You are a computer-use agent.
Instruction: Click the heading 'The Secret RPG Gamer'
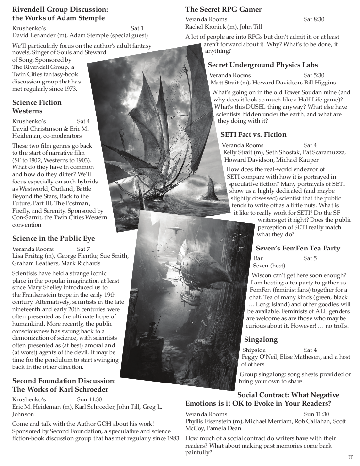click(x=223, y=9)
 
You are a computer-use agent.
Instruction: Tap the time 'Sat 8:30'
click(x=314, y=19)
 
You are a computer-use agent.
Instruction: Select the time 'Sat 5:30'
click(x=314, y=75)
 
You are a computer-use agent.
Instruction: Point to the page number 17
click(x=350, y=457)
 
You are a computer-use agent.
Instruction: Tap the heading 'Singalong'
click(x=261, y=339)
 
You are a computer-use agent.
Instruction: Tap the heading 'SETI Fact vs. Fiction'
click(x=253, y=134)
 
